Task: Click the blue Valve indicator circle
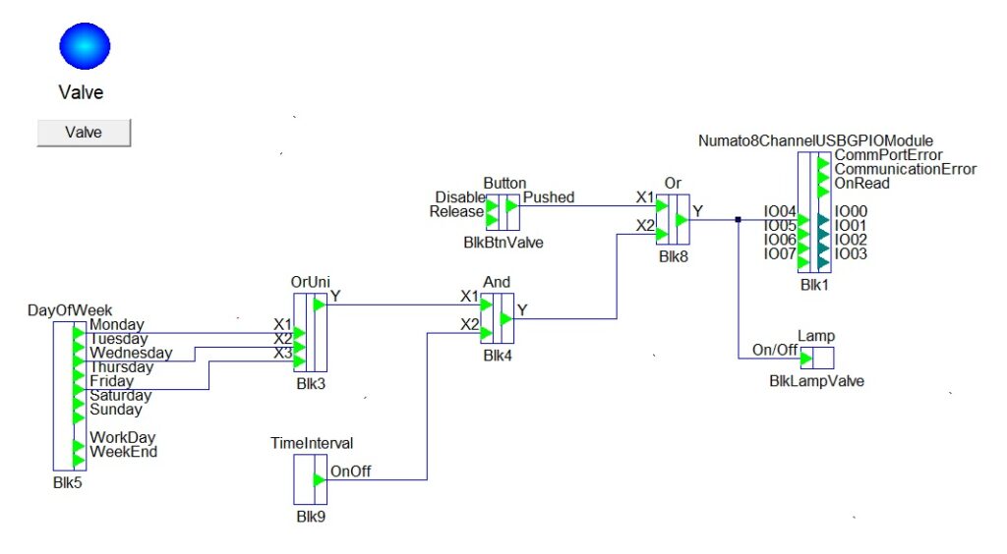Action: pos(86,45)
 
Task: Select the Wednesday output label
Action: pos(131,353)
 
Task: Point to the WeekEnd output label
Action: pos(123,452)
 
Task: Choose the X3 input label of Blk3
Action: pos(283,353)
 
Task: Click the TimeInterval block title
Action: pos(312,443)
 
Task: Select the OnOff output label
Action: pos(351,471)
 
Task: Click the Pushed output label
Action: pos(549,197)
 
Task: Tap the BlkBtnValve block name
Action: pos(503,241)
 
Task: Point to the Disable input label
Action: pos(461,197)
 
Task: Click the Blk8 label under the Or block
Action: pos(675,256)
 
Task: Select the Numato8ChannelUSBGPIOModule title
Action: pos(815,140)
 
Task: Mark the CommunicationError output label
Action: pos(906,169)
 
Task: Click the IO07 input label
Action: pos(780,254)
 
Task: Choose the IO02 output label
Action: pos(852,240)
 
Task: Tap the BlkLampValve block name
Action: pos(816,381)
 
